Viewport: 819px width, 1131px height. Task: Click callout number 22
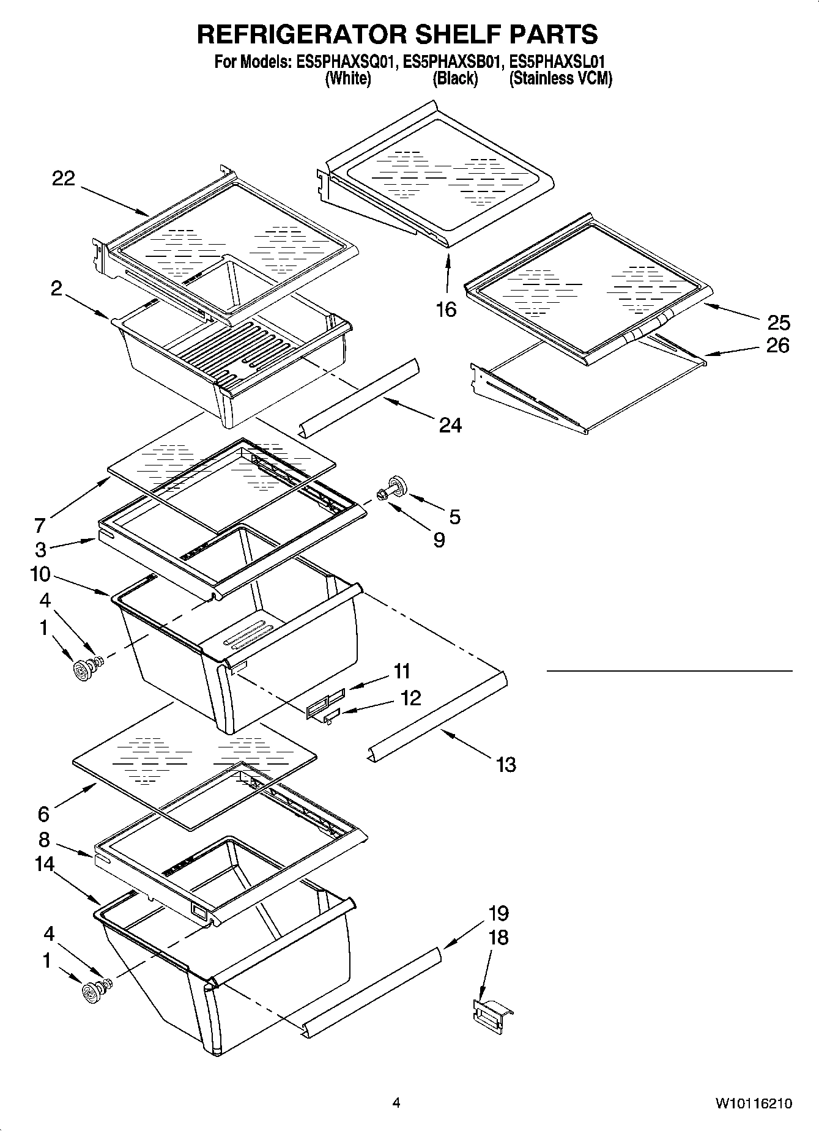point(64,179)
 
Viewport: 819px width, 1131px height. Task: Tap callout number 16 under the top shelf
point(447,310)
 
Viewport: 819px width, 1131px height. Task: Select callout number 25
point(778,322)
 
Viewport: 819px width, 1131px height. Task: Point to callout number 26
point(778,346)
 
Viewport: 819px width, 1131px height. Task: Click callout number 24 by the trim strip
point(450,425)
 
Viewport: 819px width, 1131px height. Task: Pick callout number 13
point(506,764)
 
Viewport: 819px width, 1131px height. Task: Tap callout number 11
point(401,671)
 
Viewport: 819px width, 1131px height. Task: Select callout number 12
point(410,698)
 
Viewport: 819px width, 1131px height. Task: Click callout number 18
point(498,937)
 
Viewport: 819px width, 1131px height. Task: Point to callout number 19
point(498,913)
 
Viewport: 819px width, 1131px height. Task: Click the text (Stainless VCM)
point(560,78)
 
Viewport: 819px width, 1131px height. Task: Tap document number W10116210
point(754,1104)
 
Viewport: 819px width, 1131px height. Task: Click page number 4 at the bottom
point(396,1103)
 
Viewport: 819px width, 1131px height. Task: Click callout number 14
point(45,864)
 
